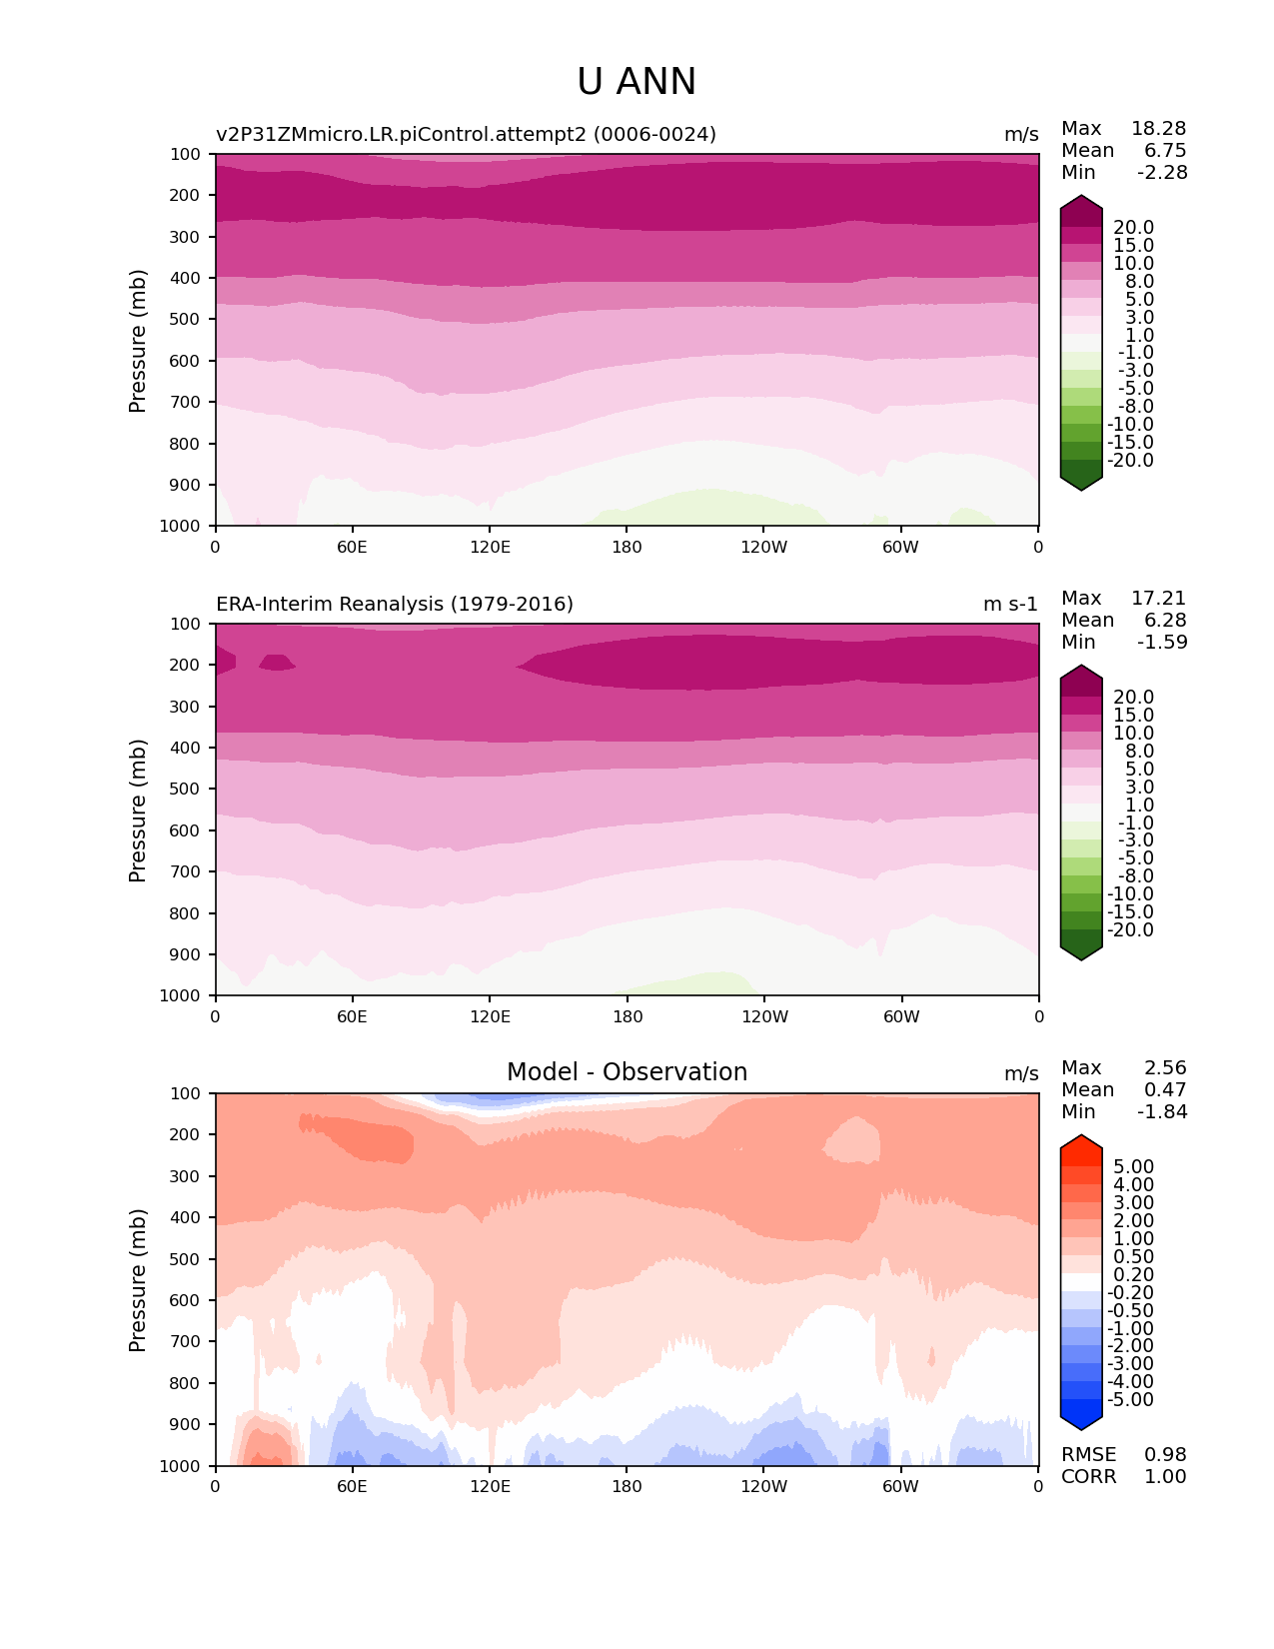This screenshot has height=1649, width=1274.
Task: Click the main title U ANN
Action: (637, 82)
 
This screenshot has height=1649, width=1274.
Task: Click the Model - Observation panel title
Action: (627, 1072)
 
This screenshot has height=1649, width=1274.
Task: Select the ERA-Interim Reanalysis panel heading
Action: (395, 605)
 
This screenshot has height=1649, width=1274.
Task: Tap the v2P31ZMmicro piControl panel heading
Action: (466, 135)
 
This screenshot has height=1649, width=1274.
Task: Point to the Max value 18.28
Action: (1158, 129)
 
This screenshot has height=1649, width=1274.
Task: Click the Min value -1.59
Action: (1162, 643)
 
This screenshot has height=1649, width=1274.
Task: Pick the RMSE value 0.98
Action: (1165, 1455)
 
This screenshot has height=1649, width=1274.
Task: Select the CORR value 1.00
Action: (1165, 1477)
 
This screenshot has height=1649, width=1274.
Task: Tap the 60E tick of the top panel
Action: (352, 547)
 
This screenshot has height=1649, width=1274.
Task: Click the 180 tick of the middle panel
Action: (627, 1016)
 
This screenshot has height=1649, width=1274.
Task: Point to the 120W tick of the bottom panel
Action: (763, 1486)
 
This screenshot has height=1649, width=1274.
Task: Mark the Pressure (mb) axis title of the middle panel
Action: (138, 811)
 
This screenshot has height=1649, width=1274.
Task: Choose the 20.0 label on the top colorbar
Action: (1133, 228)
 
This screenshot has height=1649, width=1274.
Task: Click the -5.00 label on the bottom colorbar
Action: (1131, 1400)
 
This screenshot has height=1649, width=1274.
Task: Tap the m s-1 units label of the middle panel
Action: (1010, 605)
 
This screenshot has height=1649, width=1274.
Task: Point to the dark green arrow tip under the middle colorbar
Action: (1081, 953)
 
